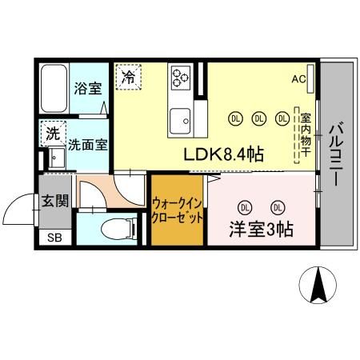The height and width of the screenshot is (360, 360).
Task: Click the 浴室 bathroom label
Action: pyautogui.click(x=88, y=89)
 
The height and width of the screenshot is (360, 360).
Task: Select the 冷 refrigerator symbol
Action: pyautogui.click(x=128, y=78)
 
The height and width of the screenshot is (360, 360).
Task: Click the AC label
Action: pyautogui.click(x=298, y=79)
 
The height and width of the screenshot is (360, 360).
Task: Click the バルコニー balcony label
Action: pyautogui.click(x=337, y=154)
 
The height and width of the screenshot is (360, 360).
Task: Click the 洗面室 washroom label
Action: pyautogui.click(x=88, y=146)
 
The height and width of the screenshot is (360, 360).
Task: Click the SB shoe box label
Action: pyautogui.click(x=54, y=238)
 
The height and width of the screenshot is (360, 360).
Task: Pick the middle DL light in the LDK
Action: pyautogui.click(x=258, y=118)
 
